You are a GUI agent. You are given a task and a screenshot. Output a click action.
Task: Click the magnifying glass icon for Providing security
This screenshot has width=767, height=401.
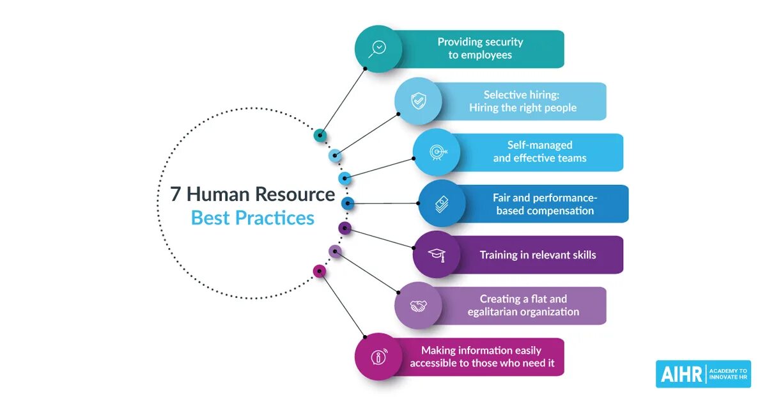click(x=378, y=49)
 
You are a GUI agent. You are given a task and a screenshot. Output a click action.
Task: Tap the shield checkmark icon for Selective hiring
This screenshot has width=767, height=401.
click(x=418, y=100)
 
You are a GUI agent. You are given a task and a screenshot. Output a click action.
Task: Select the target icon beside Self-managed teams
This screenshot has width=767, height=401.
click(x=437, y=152)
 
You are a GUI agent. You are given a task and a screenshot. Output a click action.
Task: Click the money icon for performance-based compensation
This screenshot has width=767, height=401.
click(x=442, y=203)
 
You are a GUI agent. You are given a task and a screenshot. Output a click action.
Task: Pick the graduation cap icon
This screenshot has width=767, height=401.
click(x=437, y=255)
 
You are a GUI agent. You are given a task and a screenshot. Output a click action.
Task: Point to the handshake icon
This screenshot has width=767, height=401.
click(x=418, y=306)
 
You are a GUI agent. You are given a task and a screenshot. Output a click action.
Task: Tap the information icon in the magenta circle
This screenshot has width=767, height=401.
click(x=378, y=357)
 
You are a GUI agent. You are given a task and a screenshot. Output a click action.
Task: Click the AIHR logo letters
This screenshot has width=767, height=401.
click(x=680, y=374)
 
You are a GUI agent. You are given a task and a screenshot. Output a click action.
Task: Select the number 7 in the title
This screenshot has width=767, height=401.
click(x=175, y=194)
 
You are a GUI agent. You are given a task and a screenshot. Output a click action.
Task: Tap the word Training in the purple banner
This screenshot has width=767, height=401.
click(x=498, y=255)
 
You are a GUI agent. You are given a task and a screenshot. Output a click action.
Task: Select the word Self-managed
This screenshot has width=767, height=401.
click(x=540, y=145)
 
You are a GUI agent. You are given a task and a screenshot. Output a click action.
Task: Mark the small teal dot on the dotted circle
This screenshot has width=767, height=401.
click(x=320, y=135)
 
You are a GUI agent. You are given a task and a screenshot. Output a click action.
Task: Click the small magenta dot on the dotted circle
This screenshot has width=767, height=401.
click(x=320, y=271)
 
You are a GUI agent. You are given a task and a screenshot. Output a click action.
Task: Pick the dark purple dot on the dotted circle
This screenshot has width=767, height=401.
click(x=345, y=228)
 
